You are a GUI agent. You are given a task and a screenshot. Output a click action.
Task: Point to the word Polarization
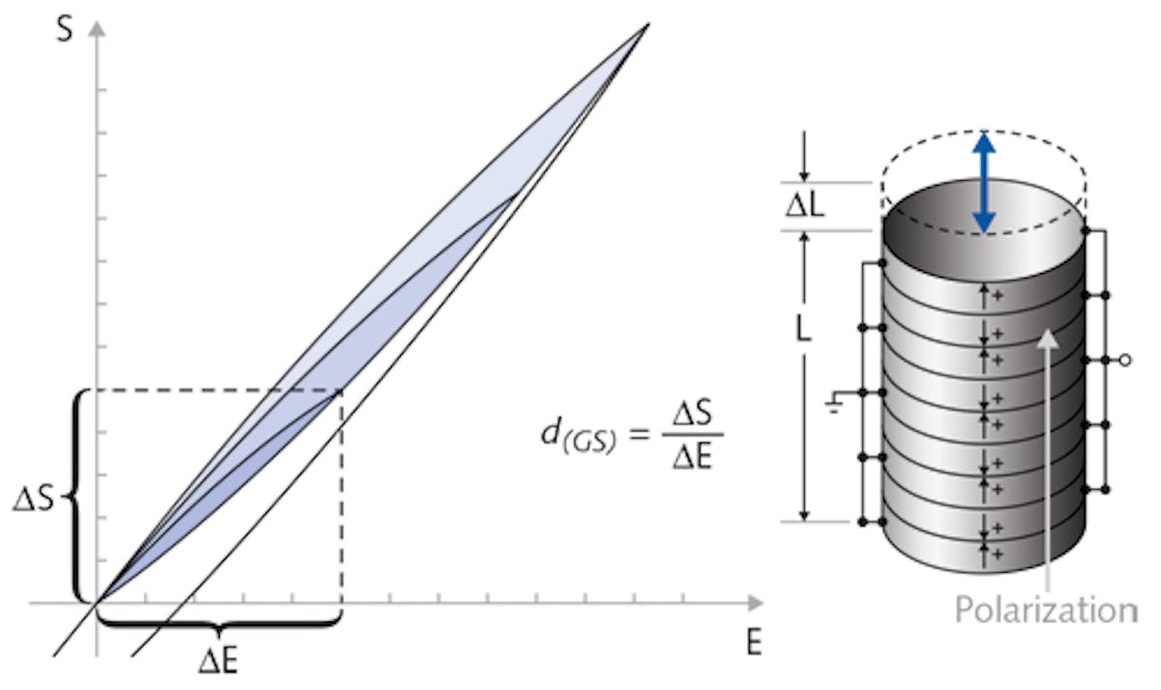tap(1046, 610)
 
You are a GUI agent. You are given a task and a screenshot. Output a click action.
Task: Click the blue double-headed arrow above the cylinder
tap(984, 182)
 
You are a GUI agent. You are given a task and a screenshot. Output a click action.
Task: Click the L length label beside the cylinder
tap(803, 329)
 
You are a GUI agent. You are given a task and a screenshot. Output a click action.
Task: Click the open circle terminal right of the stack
tap(1124, 360)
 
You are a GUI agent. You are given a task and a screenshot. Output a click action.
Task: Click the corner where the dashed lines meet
tap(341, 390)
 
